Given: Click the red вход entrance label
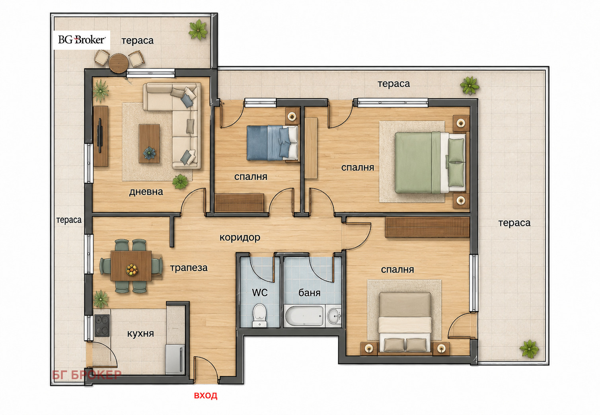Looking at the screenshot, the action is [205, 396].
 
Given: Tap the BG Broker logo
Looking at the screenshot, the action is [82, 40].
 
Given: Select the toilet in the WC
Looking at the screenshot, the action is [259, 315].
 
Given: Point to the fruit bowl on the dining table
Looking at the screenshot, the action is [132, 269].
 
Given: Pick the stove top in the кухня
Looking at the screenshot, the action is [102, 325].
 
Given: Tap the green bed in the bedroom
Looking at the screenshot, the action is [430, 162].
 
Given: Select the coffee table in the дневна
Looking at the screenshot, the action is [149, 144].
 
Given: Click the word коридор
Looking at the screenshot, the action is [240, 238].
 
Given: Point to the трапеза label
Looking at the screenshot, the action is [189, 268].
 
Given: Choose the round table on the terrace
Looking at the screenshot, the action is [118, 63].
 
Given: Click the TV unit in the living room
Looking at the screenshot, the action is [101, 136].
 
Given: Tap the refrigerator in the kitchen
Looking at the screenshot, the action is [175, 359].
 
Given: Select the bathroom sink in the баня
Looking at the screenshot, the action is [333, 316].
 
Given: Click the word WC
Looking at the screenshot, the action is [259, 292].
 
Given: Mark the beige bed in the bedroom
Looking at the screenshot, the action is [405, 322].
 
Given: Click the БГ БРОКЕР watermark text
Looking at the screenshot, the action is [86, 374].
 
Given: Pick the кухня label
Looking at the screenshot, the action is [140, 333].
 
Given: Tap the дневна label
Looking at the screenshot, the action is [146, 192].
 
